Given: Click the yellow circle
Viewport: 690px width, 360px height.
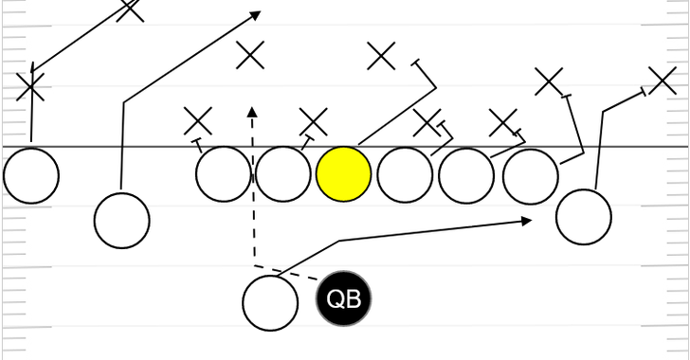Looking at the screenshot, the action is tap(343, 174).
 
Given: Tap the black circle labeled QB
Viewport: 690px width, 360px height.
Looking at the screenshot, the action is tap(344, 299).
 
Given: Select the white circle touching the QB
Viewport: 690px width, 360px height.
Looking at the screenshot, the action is tap(271, 303).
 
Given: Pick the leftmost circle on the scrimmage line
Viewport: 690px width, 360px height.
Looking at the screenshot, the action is tap(31, 175).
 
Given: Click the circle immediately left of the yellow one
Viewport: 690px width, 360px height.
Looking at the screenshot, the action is tap(283, 174).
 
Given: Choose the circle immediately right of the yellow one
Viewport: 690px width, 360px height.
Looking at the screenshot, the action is tap(405, 174).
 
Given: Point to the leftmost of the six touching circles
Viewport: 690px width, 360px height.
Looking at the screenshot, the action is tap(224, 174).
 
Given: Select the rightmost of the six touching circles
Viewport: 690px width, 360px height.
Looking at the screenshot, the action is tap(529, 174).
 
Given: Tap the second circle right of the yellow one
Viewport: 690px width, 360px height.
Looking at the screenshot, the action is tap(466, 174).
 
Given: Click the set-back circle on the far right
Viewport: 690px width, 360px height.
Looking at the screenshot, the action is tap(584, 217).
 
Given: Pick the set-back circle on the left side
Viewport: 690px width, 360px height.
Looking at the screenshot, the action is tap(122, 220).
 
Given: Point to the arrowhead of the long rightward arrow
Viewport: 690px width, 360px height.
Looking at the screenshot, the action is tap(527, 221).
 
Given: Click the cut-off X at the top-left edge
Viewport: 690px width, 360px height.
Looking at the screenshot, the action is tap(131, 9).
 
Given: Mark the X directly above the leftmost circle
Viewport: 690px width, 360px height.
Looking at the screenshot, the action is tap(30, 88).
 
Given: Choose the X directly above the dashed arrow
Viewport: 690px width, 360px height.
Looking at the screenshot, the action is tap(250, 55).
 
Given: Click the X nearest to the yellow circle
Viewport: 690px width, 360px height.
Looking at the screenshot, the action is tap(313, 121).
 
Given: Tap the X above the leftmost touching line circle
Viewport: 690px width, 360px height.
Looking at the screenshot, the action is tap(197, 120).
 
